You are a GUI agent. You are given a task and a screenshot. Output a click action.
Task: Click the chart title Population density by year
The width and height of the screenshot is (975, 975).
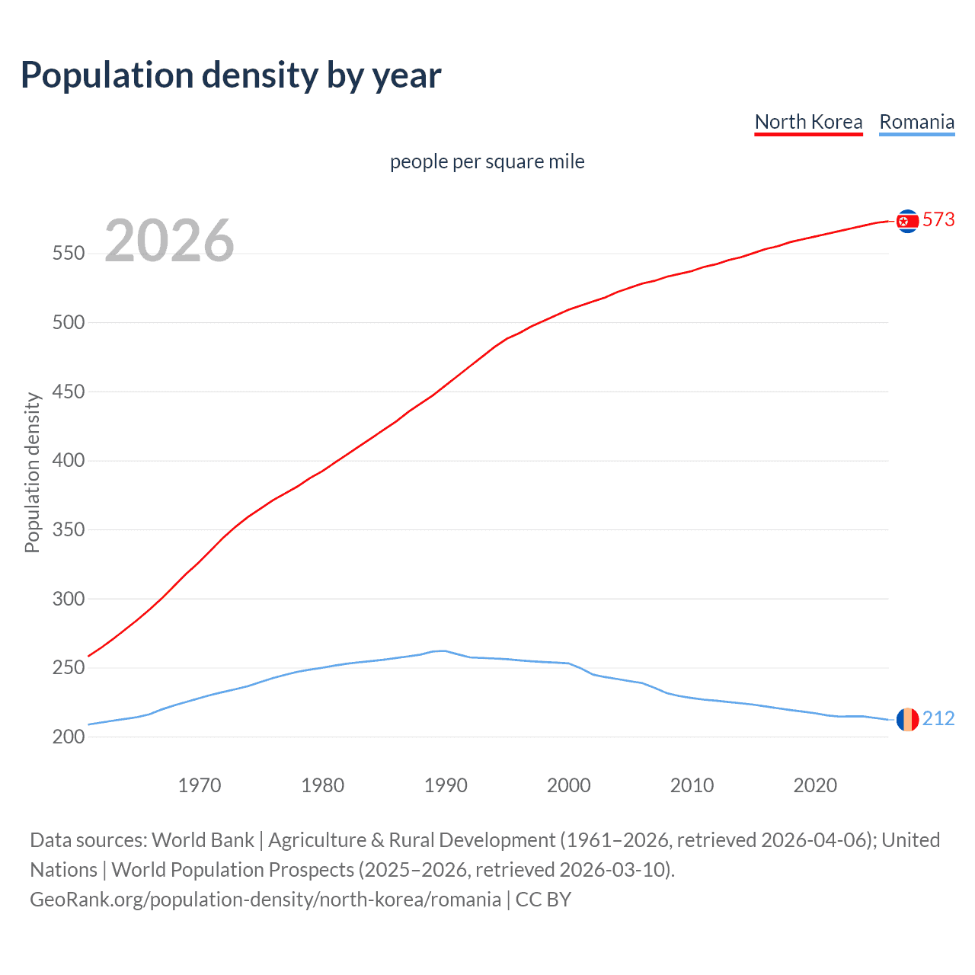[231, 75]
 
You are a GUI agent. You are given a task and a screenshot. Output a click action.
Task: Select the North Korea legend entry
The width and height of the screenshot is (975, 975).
[808, 122]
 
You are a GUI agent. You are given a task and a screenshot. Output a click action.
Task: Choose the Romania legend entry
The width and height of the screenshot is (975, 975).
[916, 122]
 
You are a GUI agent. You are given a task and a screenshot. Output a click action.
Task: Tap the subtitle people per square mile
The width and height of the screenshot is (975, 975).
[487, 161]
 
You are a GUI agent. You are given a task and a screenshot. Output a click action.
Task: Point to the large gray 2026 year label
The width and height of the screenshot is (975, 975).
[169, 241]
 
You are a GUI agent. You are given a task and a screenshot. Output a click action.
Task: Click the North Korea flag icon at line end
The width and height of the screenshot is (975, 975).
[907, 221]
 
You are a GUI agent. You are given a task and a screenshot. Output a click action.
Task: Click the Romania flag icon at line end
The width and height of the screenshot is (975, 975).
[907, 719]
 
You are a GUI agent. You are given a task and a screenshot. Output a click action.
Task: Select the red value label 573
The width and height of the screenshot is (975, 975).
[938, 220]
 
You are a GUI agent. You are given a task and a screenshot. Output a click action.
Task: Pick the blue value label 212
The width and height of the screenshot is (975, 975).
[938, 718]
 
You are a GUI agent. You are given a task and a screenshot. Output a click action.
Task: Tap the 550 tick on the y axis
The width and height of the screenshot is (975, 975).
[69, 253]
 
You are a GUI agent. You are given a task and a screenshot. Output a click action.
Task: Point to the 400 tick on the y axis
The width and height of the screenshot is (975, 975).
[69, 460]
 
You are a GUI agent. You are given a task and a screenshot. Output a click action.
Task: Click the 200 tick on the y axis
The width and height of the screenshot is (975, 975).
[69, 737]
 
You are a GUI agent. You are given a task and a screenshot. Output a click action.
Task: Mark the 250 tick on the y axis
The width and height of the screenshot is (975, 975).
[69, 667]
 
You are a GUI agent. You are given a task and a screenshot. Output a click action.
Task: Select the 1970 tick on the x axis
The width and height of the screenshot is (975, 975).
[200, 785]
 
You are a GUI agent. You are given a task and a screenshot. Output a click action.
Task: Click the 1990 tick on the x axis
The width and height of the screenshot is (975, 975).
[446, 785]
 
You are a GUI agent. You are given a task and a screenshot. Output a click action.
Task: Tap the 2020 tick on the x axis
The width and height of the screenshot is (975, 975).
[815, 785]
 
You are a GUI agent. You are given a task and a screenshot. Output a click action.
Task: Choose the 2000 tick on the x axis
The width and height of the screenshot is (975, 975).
[569, 785]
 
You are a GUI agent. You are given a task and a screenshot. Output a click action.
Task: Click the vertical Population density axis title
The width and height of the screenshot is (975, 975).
[32, 472]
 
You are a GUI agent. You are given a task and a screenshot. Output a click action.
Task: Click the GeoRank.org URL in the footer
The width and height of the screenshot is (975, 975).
[265, 900]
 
